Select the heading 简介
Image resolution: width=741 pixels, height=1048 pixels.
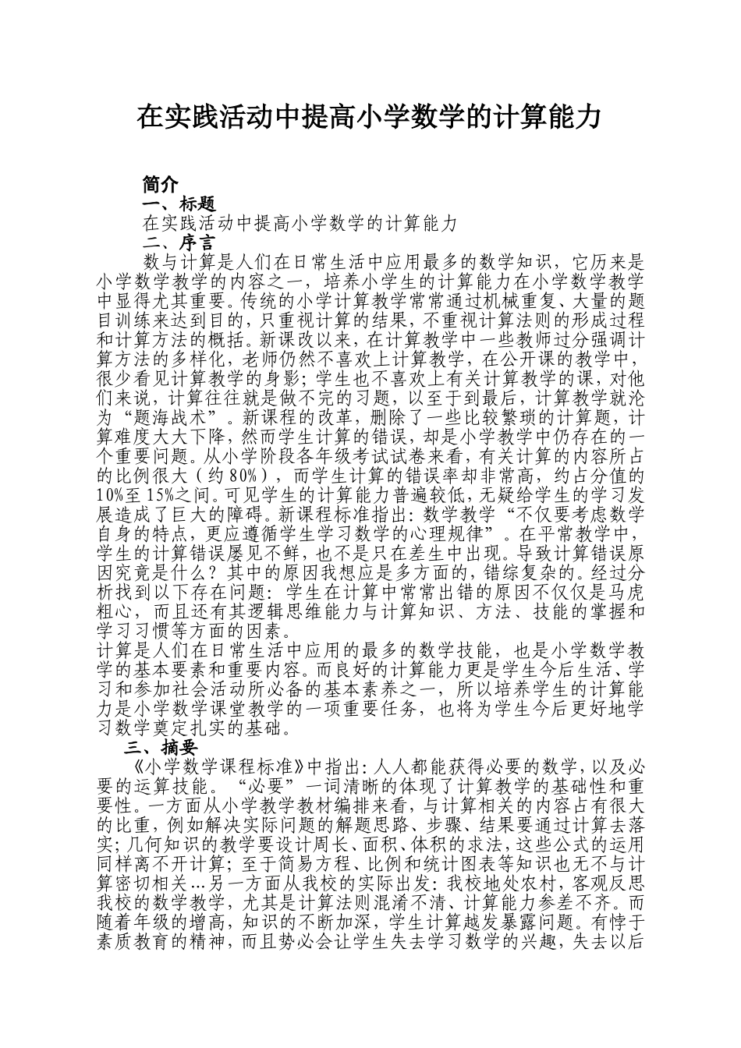[x=161, y=184]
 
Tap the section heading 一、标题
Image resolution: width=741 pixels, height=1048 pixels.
[x=179, y=204]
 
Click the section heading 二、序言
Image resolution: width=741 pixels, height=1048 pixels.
[x=179, y=242]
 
